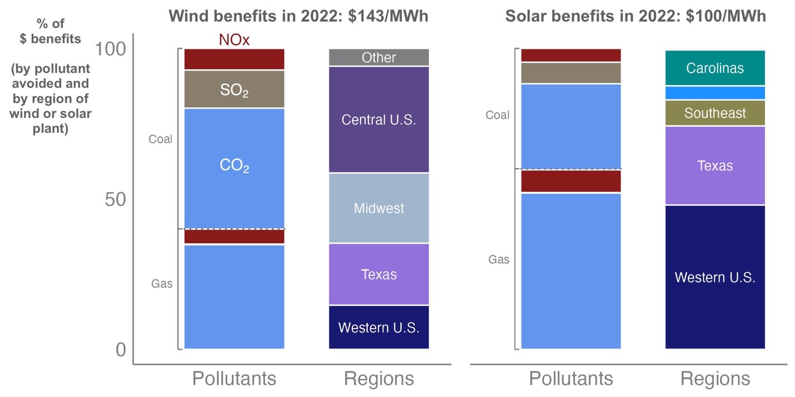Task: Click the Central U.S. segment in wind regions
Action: coord(378,119)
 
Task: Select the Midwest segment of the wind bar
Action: coord(378,208)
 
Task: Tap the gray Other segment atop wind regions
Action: coord(378,57)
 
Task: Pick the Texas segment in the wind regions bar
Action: coord(378,274)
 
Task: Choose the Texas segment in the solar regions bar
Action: coord(715,165)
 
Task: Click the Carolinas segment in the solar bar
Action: coord(715,68)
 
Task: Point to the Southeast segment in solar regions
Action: coord(715,113)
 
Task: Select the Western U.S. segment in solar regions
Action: coord(715,277)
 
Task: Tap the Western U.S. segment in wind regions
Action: coord(378,327)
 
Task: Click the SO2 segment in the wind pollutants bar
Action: coord(234,89)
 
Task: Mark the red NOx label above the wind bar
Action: coord(234,40)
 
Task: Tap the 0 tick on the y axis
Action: coord(121,350)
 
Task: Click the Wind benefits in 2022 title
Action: coord(298,16)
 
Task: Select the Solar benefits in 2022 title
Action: coord(636,16)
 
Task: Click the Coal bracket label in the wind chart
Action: coord(160,139)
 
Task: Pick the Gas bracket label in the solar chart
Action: coord(498,259)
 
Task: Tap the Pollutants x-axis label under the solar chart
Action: coord(571,379)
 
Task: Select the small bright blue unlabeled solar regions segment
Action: coord(715,93)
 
